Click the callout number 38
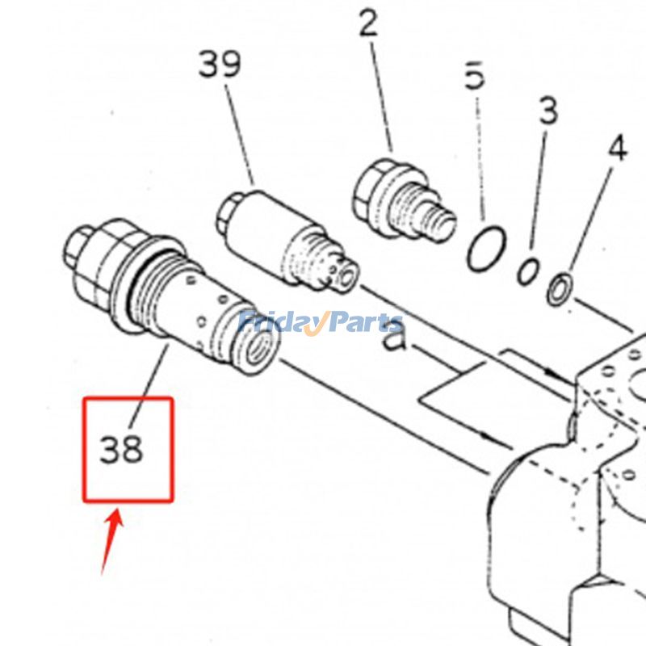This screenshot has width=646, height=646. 122,449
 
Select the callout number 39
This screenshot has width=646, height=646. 220,64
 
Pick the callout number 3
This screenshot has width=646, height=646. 548,111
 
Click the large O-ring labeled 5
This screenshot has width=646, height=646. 486,249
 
